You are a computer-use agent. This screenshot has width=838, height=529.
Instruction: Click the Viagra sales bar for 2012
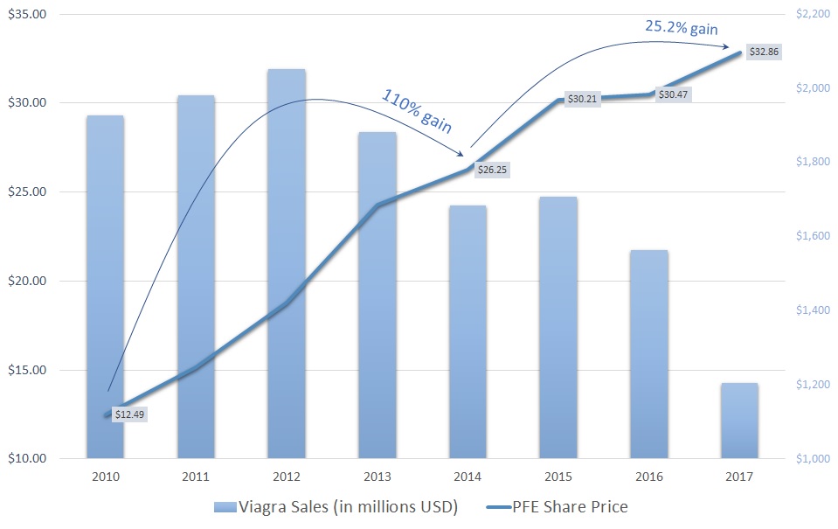coord(287,262)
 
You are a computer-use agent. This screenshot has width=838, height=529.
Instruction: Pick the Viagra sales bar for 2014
coord(467,332)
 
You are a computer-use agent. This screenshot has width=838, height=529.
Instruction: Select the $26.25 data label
coord(491,171)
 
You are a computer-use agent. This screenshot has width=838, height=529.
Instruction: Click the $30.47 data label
coord(673,94)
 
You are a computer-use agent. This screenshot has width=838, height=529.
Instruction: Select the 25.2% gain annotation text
coord(682,28)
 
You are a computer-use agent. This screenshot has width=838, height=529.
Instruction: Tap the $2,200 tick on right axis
coord(812,15)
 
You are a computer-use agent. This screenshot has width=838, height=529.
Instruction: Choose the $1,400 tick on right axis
coord(812,310)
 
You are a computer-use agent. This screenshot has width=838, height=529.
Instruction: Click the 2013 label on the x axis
coord(377,476)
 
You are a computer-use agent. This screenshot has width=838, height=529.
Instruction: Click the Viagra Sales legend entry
coord(333,506)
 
